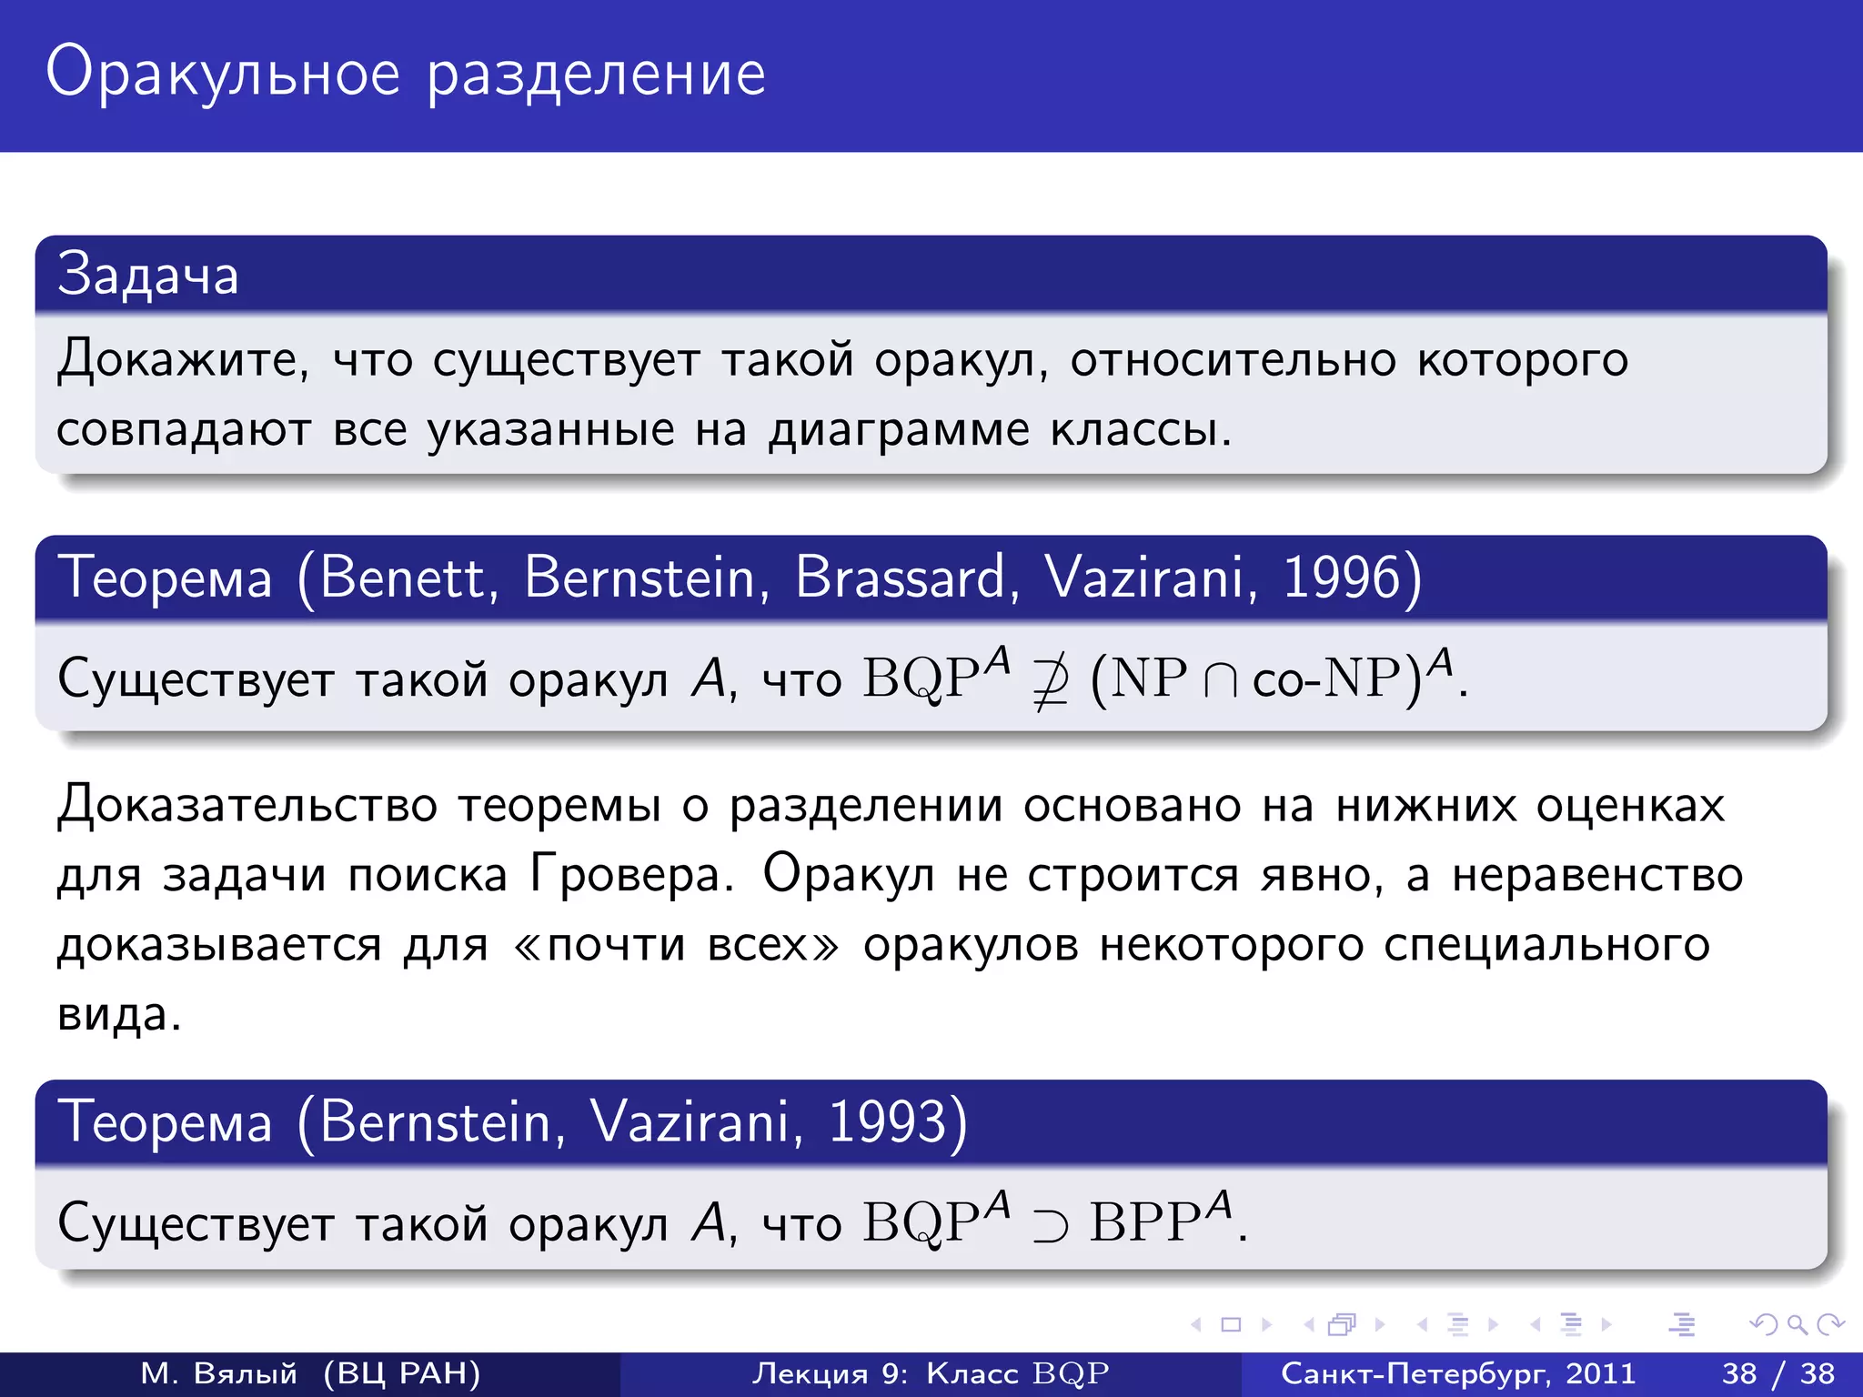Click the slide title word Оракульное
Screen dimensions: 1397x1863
coord(223,75)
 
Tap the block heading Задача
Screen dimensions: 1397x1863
coord(147,275)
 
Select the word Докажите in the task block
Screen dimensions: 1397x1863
coord(182,359)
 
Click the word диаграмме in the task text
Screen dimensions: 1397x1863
coord(899,429)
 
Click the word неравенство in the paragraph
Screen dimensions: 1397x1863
coord(1596,875)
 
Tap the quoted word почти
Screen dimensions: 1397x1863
coord(616,946)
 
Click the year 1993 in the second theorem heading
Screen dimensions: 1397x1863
coord(888,1121)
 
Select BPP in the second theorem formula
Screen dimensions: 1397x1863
coord(1146,1222)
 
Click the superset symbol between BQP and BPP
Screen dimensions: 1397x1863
coord(1049,1225)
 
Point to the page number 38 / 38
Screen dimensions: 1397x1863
coord(1777,1373)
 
